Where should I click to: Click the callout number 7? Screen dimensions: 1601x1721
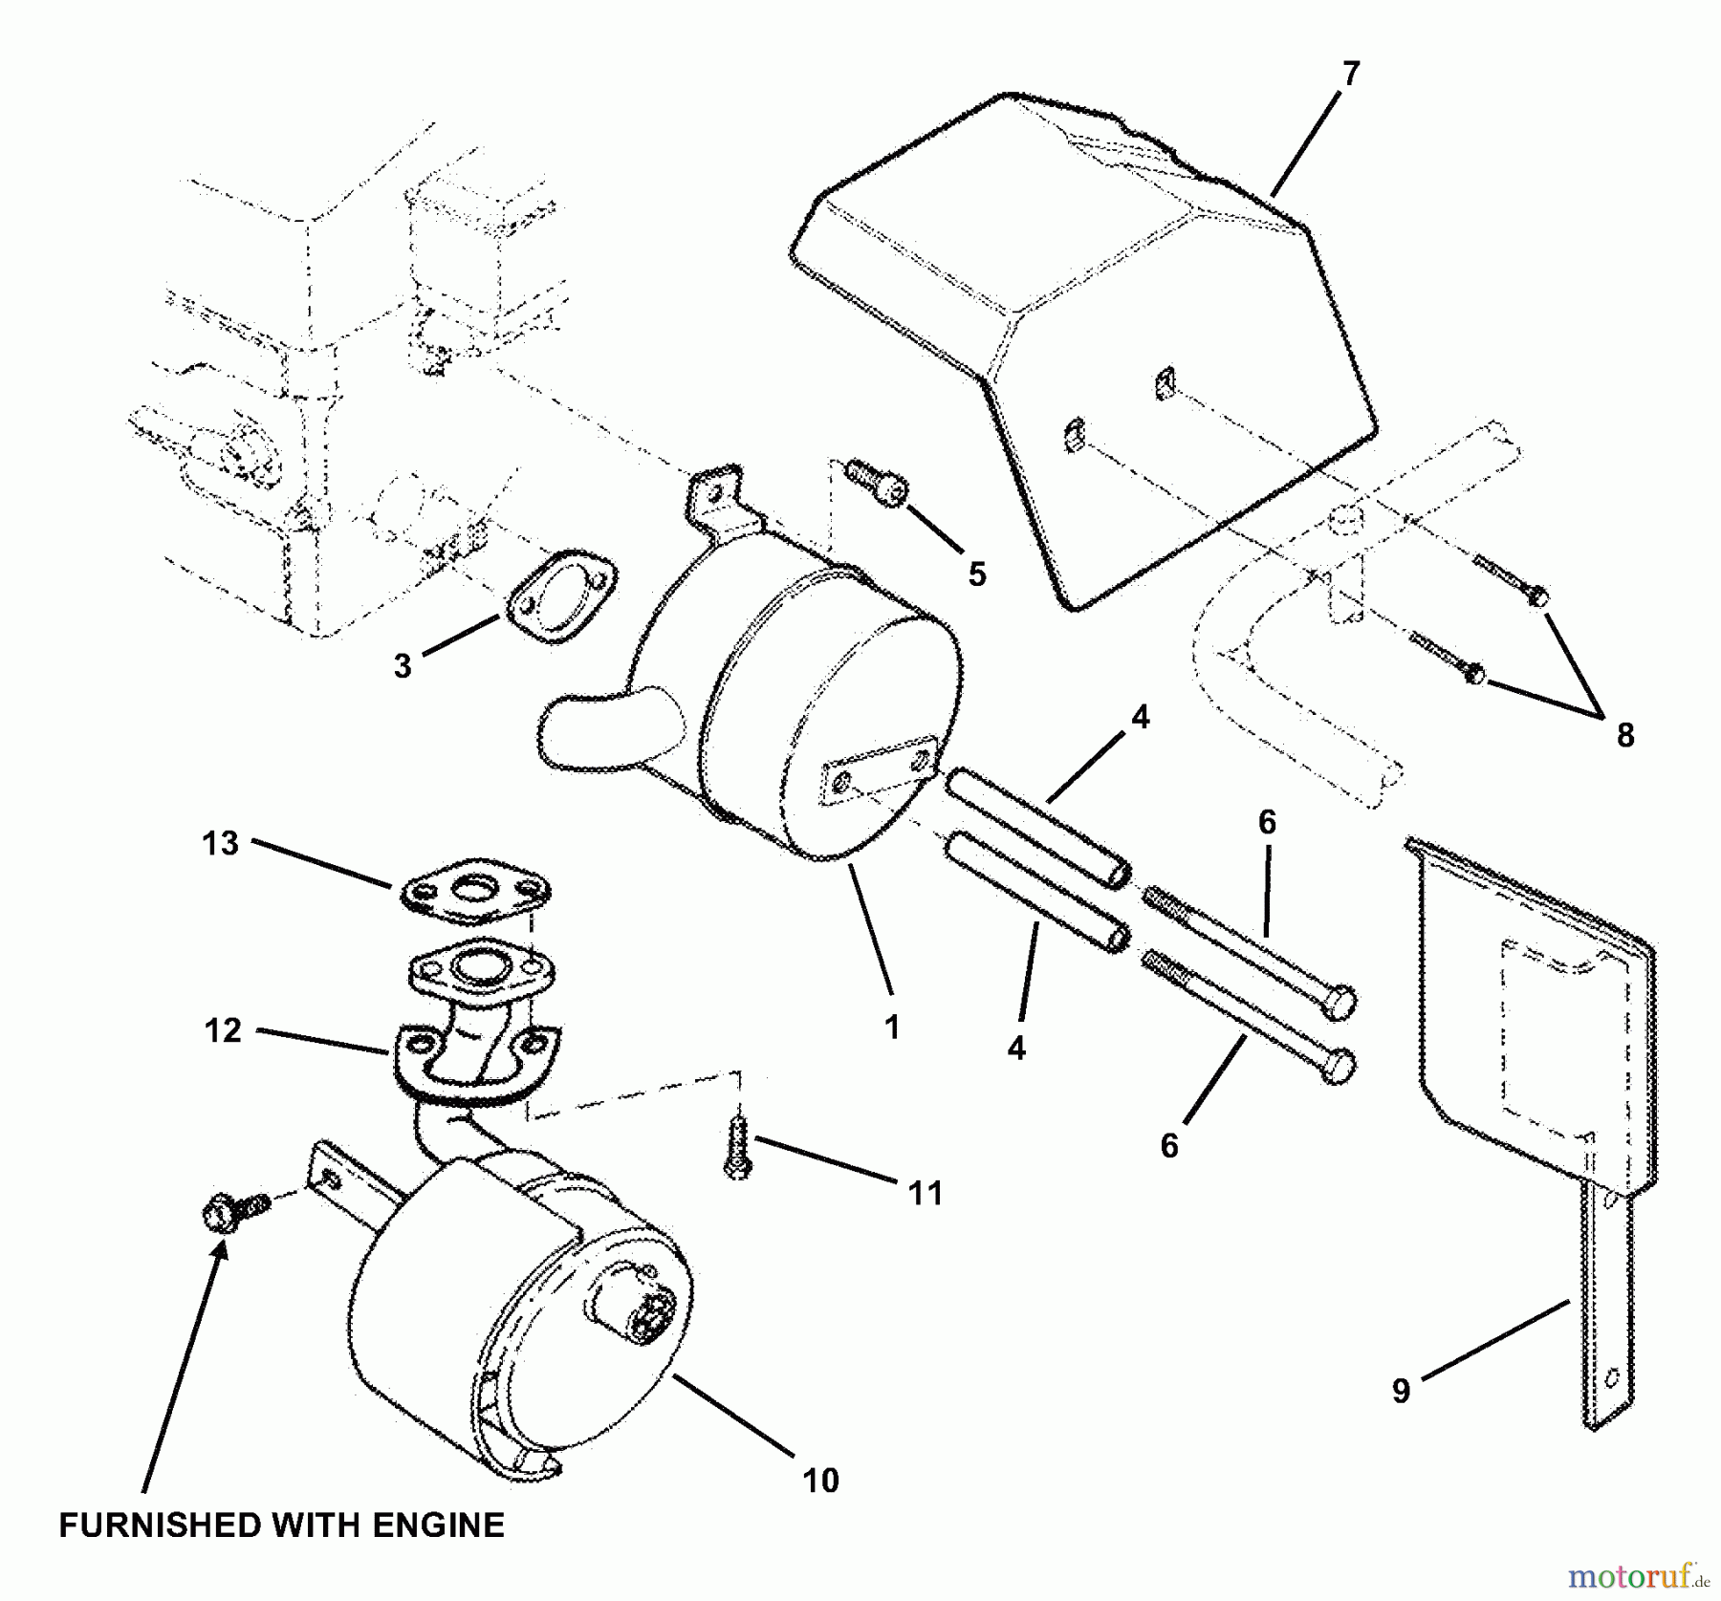[1349, 74]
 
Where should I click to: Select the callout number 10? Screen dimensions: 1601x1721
[820, 1480]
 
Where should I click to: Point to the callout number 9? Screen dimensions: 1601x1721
[1401, 1391]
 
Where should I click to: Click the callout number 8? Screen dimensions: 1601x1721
[1625, 735]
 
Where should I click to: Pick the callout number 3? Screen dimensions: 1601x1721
[403, 665]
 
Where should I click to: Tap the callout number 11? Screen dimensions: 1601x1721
[925, 1194]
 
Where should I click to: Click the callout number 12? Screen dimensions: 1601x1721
[222, 1030]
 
